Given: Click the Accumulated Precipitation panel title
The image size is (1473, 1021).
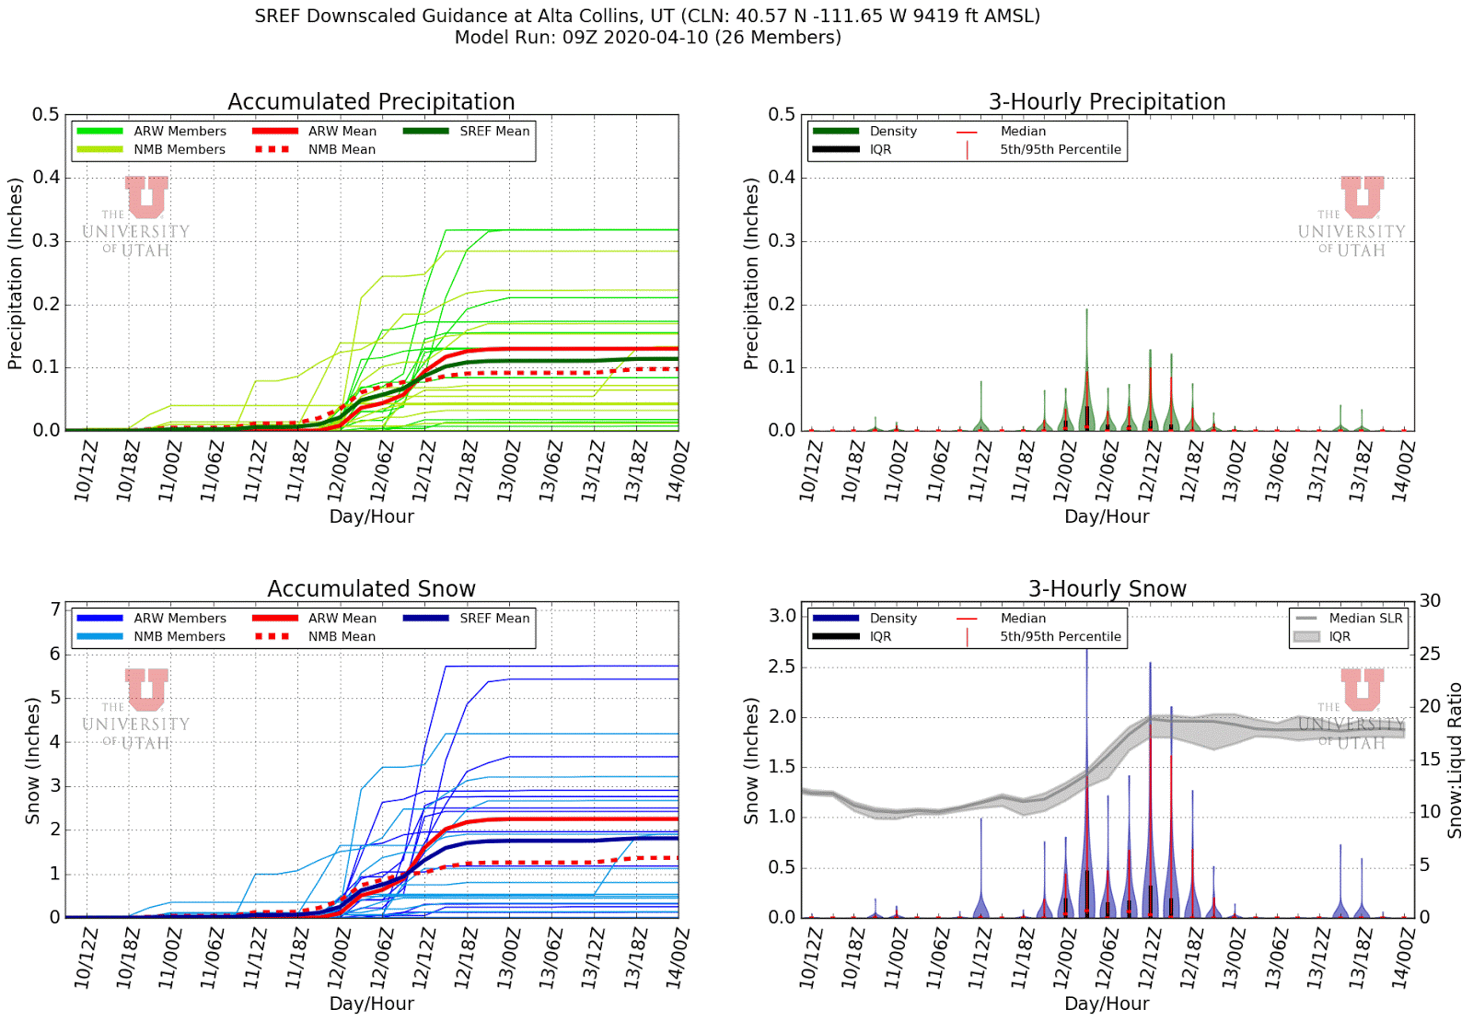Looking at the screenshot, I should click(x=371, y=101).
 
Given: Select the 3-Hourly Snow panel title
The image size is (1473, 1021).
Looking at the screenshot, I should click(x=1107, y=588).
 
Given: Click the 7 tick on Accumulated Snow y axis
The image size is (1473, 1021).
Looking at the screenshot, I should click(x=55, y=609).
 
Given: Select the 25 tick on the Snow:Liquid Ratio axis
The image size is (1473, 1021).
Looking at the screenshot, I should click(x=1430, y=654).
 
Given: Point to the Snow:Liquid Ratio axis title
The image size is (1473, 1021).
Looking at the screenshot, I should click(x=1456, y=760).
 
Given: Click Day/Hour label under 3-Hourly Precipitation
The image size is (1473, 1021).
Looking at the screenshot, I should click(x=1107, y=516).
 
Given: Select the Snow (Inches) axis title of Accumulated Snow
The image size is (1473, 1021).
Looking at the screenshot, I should click(x=32, y=760).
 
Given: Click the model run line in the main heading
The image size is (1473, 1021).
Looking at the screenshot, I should click(x=647, y=38).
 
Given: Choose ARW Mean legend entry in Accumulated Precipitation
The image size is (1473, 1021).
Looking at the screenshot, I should click(x=342, y=132).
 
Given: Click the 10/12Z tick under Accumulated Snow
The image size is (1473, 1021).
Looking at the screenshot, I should click(x=85, y=958).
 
